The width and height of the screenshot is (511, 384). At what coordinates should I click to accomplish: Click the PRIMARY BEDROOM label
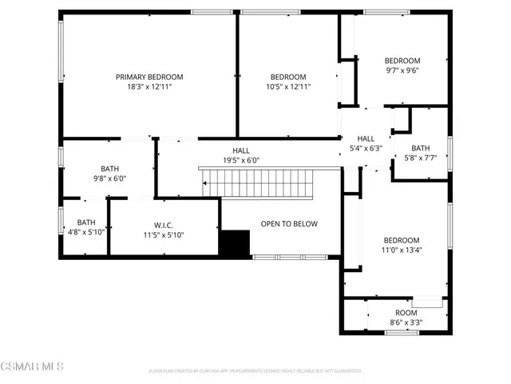point(149,77)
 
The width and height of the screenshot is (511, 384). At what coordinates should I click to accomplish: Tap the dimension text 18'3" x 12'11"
point(149,86)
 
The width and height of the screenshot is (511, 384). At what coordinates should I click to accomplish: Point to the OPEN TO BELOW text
point(289,224)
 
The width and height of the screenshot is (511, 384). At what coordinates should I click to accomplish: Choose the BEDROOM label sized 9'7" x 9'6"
point(402,61)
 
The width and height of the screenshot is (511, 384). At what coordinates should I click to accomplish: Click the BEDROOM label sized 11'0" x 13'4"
point(401,240)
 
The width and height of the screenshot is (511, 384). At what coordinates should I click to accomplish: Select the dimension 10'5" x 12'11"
point(287,86)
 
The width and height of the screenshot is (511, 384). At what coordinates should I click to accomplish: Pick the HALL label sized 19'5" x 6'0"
point(240,150)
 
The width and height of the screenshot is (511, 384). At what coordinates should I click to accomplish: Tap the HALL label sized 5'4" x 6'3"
point(366,138)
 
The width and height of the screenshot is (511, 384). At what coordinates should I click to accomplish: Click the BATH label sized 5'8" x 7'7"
point(421,148)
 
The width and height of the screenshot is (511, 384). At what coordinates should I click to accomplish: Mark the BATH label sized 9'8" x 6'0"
point(109,169)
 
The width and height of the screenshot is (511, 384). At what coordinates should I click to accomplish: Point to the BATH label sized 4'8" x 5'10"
point(85,222)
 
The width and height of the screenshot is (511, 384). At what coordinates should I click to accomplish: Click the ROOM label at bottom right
point(406,313)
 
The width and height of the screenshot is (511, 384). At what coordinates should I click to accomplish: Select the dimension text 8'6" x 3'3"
point(406,322)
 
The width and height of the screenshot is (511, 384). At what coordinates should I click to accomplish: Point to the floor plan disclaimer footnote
point(255,370)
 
